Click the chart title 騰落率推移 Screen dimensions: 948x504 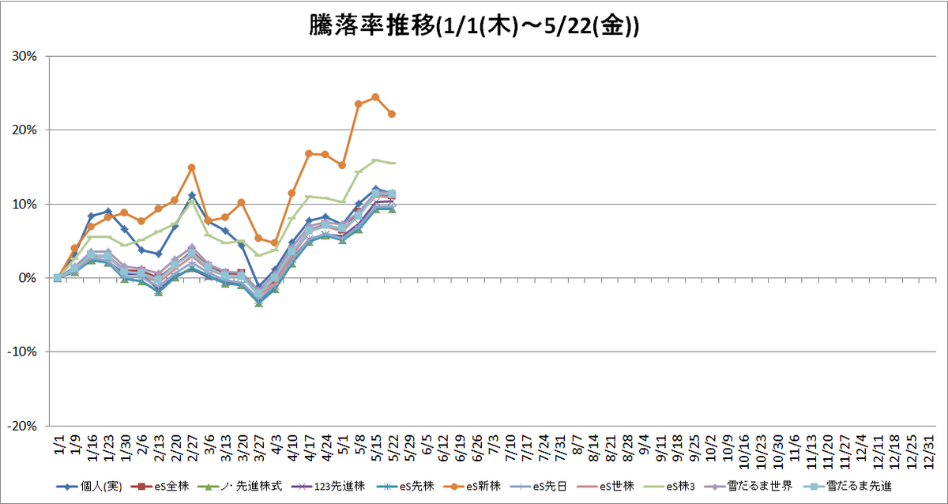coord(372,26)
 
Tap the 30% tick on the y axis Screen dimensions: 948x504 coord(24,56)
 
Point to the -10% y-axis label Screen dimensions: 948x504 coord(22,352)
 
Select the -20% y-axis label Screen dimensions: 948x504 coord(22,426)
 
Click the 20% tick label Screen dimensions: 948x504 coord(24,130)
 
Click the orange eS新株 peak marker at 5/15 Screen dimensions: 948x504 coord(375,97)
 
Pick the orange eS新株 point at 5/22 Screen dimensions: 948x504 coord(392,114)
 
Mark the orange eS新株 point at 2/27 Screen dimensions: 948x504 coord(191,167)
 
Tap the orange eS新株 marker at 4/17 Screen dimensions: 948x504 coord(309,153)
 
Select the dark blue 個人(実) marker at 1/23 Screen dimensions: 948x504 coord(108,211)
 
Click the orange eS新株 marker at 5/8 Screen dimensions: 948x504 coord(359,104)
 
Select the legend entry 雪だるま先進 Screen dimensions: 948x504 coord(848,487)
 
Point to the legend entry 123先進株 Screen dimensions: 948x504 coord(328,487)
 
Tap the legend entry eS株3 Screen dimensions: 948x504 coord(669,487)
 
